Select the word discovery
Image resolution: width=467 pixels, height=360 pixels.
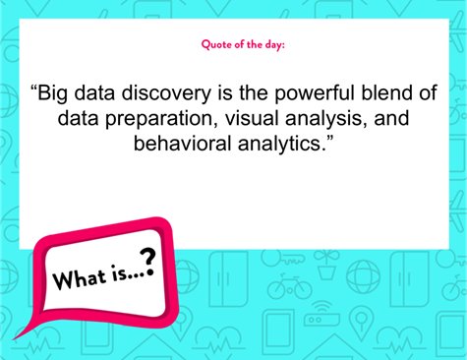coord(167,96)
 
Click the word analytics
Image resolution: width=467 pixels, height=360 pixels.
coord(284,144)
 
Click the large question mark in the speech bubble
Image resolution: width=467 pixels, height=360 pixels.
coord(147,261)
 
